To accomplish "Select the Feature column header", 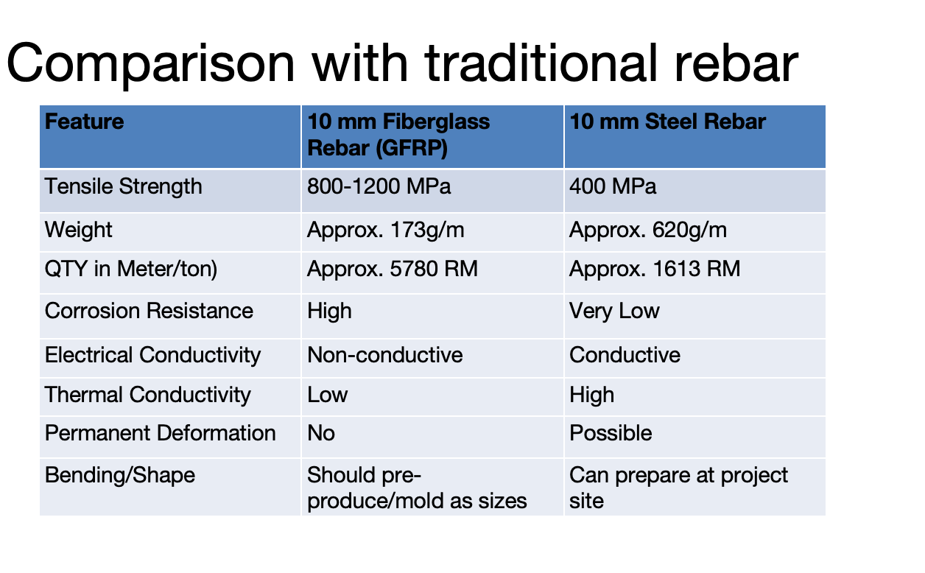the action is [84, 122].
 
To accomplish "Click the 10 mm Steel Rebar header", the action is [667, 122].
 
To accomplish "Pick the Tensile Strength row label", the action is [123, 186].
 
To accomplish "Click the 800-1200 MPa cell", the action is [379, 186].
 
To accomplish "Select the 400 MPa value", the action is [613, 186].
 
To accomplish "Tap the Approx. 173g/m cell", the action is [386, 230].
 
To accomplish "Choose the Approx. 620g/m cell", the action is [648, 230].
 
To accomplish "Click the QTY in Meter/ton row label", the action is [131, 269].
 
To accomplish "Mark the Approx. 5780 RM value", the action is [393, 269].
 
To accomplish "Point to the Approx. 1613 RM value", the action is [655, 269].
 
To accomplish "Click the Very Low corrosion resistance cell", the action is [614, 311].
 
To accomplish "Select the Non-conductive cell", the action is [385, 354].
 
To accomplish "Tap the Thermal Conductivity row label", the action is [147, 395].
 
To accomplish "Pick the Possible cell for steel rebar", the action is [611, 433].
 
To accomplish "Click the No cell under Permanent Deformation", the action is [321, 433].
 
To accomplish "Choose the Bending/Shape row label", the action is [120, 475].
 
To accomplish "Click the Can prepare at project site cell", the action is [678, 488].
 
